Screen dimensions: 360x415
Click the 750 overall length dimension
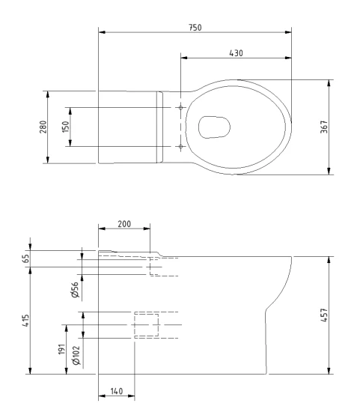pyautogui.click(x=195, y=28)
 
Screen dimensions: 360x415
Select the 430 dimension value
pyautogui.click(x=236, y=53)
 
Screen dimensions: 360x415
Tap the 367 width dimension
pyautogui.click(x=324, y=127)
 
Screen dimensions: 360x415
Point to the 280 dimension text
pyautogui.click(x=43, y=127)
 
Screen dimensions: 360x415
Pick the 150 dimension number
pyautogui.click(x=65, y=127)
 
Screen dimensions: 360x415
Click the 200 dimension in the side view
pyautogui.click(x=124, y=224)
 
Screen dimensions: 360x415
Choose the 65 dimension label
pyautogui.click(x=25, y=258)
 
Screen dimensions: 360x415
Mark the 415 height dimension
pyautogui.click(x=25, y=321)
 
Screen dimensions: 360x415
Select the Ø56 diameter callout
pyautogui.click(x=76, y=290)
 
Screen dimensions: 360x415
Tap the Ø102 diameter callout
pyautogui.click(x=76, y=355)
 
